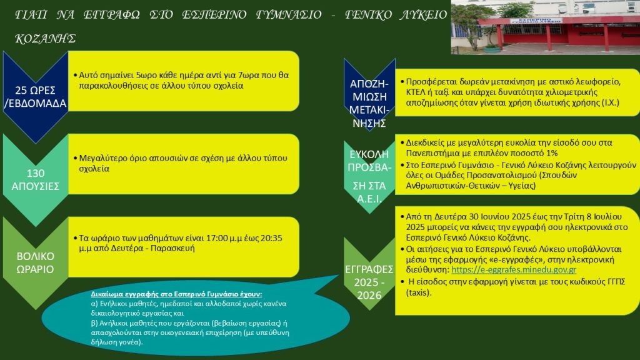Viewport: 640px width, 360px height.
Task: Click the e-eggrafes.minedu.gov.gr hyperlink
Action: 514,270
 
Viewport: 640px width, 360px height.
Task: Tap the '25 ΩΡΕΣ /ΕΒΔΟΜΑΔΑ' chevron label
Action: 36,97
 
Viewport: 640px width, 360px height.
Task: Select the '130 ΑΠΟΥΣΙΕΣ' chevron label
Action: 36,179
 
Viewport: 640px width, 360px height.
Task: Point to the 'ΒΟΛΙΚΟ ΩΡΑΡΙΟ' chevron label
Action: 36,262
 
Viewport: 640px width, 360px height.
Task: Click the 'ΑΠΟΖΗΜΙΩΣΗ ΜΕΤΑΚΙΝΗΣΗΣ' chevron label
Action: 369,103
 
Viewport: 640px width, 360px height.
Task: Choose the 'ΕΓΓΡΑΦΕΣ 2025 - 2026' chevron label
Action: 369,282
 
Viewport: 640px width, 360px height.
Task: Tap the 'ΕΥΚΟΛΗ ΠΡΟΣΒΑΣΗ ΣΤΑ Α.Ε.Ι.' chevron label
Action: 369,176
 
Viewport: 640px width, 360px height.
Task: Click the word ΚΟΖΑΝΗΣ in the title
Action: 45,38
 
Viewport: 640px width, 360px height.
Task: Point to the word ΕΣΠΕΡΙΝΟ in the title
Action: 214,15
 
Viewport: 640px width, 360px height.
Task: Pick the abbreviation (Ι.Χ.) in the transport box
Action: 611,102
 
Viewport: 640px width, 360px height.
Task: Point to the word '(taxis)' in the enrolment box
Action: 419,292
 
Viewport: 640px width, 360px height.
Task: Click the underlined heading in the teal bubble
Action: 176,294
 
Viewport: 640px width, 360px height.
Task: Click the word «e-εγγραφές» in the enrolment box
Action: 554,259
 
